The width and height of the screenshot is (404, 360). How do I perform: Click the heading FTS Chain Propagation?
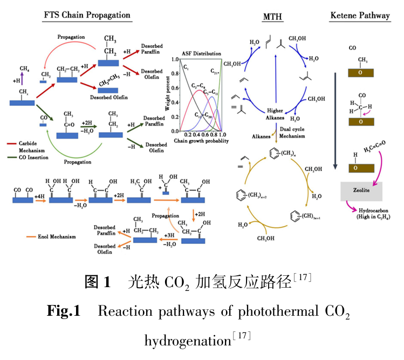[87, 15]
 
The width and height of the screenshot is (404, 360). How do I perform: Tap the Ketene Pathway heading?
[359, 16]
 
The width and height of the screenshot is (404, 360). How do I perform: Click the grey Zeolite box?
[361, 191]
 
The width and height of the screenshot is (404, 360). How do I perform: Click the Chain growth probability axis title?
[199, 141]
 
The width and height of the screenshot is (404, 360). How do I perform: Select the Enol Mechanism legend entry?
[47, 236]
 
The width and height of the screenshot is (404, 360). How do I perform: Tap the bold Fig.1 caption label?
[63, 311]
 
